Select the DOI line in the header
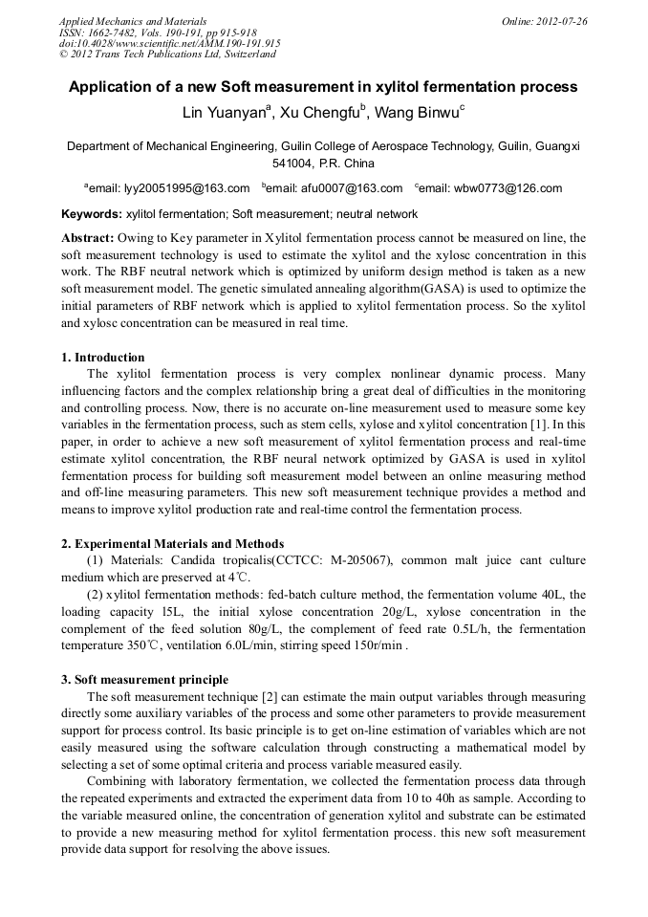(x=169, y=43)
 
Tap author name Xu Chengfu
(x=322, y=113)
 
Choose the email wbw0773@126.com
(x=508, y=188)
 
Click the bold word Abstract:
(x=88, y=237)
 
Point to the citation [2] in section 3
(x=270, y=696)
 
